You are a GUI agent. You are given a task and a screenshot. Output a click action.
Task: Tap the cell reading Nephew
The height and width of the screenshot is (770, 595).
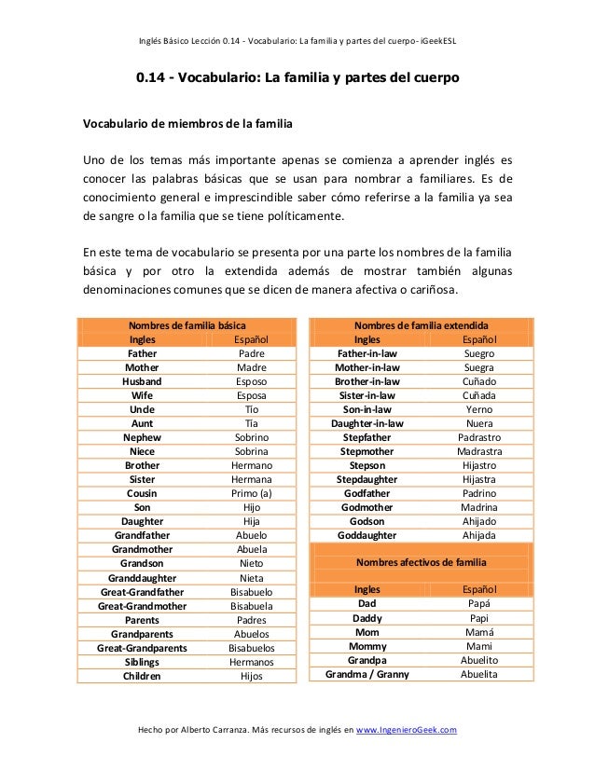[142, 437]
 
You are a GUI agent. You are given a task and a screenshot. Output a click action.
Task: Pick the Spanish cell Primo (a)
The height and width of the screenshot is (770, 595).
[251, 493]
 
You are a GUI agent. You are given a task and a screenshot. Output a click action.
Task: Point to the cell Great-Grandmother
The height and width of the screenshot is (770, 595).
[142, 606]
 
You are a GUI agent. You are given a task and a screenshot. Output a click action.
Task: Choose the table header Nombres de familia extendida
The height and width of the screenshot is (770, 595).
[422, 325]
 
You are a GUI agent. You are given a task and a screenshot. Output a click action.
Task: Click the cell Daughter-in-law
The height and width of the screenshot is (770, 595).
[367, 423]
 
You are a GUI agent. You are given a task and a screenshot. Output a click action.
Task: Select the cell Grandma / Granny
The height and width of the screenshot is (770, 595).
[367, 674]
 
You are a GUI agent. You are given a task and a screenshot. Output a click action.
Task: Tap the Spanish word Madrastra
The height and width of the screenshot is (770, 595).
[479, 451]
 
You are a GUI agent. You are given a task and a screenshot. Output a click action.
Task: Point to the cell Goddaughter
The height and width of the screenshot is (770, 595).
[367, 535]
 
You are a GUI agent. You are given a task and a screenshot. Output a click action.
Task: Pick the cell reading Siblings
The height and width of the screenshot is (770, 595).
[142, 662]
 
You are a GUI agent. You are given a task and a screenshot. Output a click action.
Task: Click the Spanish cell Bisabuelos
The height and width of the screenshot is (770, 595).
[251, 648]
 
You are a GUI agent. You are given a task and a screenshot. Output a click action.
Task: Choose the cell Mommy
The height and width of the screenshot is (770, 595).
[367, 646]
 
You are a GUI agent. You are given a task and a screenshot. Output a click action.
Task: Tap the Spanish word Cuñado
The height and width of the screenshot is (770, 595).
[479, 381]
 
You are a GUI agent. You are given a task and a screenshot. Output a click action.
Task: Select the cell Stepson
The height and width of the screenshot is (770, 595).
[367, 465]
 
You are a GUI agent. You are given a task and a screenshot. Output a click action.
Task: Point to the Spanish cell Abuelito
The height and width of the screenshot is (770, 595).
[479, 660]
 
